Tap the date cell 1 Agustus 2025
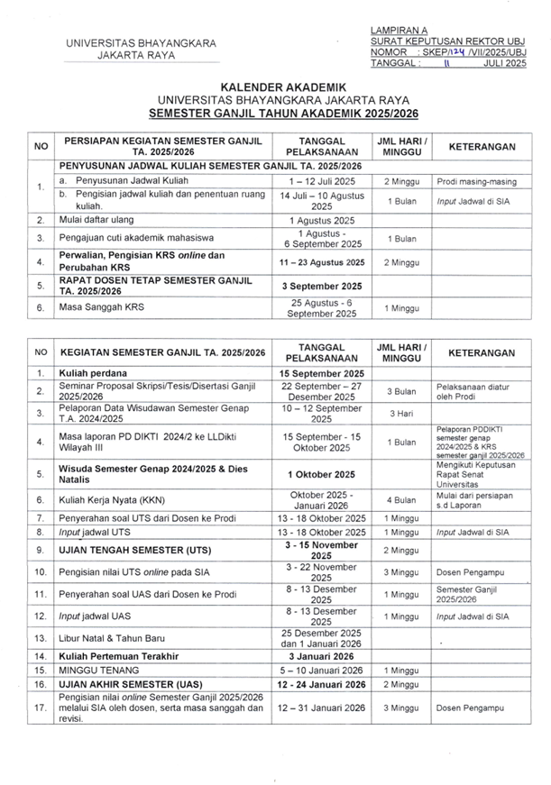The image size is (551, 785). (323, 220)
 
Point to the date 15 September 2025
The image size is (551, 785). (323, 372)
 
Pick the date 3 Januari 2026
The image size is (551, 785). (323, 657)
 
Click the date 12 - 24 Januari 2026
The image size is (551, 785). (323, 685)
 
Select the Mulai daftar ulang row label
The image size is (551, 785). (94, 220)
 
